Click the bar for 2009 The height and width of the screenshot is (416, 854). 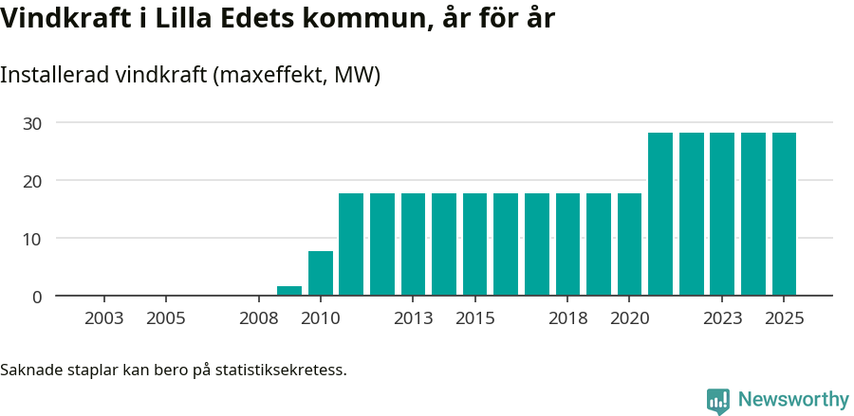[289, 291]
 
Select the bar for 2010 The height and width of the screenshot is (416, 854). [321, 274]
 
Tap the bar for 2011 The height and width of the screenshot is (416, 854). [351, 244]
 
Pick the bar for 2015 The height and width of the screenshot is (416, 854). [475, 244]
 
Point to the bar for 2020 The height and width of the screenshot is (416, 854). [630, 244]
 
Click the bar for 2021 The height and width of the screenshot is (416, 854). [660, 214]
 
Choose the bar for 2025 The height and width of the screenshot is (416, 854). [784, 214]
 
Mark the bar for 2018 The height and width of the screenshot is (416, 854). [567, 244]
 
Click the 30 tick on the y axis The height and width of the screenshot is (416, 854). [33, 123]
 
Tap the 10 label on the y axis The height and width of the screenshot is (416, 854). [33, 239]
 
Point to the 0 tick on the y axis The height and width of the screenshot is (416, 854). [38, 297]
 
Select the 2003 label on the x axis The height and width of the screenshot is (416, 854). [104, 318]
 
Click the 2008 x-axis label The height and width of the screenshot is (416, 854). [259, 318]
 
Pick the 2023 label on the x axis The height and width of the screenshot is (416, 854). [723, 318]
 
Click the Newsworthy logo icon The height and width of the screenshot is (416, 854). [718, 401]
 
